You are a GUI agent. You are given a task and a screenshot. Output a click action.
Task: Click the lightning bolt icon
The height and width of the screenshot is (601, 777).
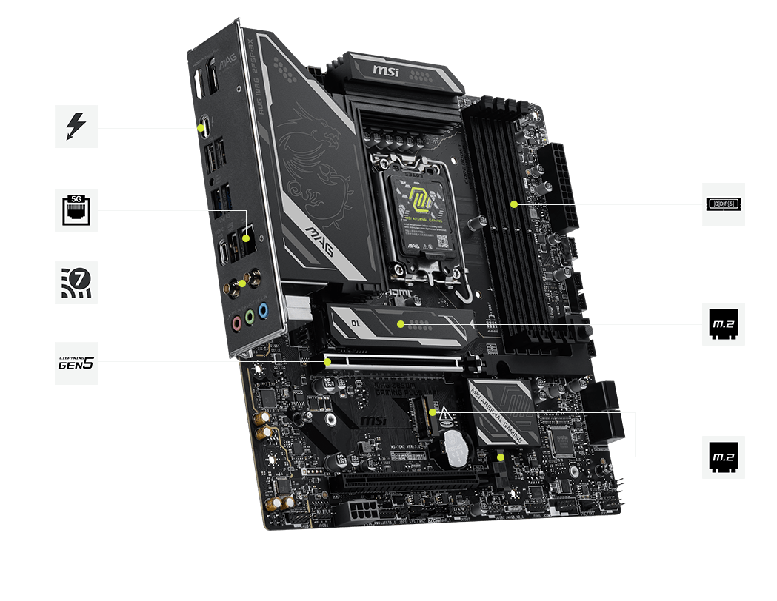[x=76, y=127]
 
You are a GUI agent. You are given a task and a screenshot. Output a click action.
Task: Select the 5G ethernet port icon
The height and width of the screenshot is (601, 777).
[x=76, y=210]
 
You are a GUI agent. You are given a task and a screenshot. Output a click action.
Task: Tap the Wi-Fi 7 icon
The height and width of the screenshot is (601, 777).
[x=76, y=281]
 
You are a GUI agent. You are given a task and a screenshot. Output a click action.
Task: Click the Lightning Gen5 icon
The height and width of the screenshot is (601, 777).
[x=76, y=363]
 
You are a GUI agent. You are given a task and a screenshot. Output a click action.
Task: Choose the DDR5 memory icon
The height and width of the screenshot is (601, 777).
[x=724, y=204]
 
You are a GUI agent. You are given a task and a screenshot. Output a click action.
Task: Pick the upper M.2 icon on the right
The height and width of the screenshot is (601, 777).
[x=724, y=323]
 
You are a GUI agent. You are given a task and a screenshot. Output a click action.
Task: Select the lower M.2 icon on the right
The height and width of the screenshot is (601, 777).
[x=724, y=457]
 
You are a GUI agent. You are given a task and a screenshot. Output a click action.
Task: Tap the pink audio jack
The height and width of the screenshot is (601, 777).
[x=236, y=323]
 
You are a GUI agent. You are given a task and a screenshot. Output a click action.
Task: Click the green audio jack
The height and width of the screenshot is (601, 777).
[x=250, y=317]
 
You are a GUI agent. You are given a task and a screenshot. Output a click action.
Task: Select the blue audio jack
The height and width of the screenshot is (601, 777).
[x=264, y=310]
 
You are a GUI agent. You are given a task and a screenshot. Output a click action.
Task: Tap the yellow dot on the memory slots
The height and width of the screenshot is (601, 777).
[x=514, y=204]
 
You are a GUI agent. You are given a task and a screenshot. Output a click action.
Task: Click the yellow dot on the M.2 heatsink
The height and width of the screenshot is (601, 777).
[x=400, y=323]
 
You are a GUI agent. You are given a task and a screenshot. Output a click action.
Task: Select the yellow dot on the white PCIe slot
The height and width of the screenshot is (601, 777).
[x=328, y=362]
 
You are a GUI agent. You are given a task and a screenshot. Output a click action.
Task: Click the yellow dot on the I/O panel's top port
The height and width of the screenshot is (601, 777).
[x=201, y=127]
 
